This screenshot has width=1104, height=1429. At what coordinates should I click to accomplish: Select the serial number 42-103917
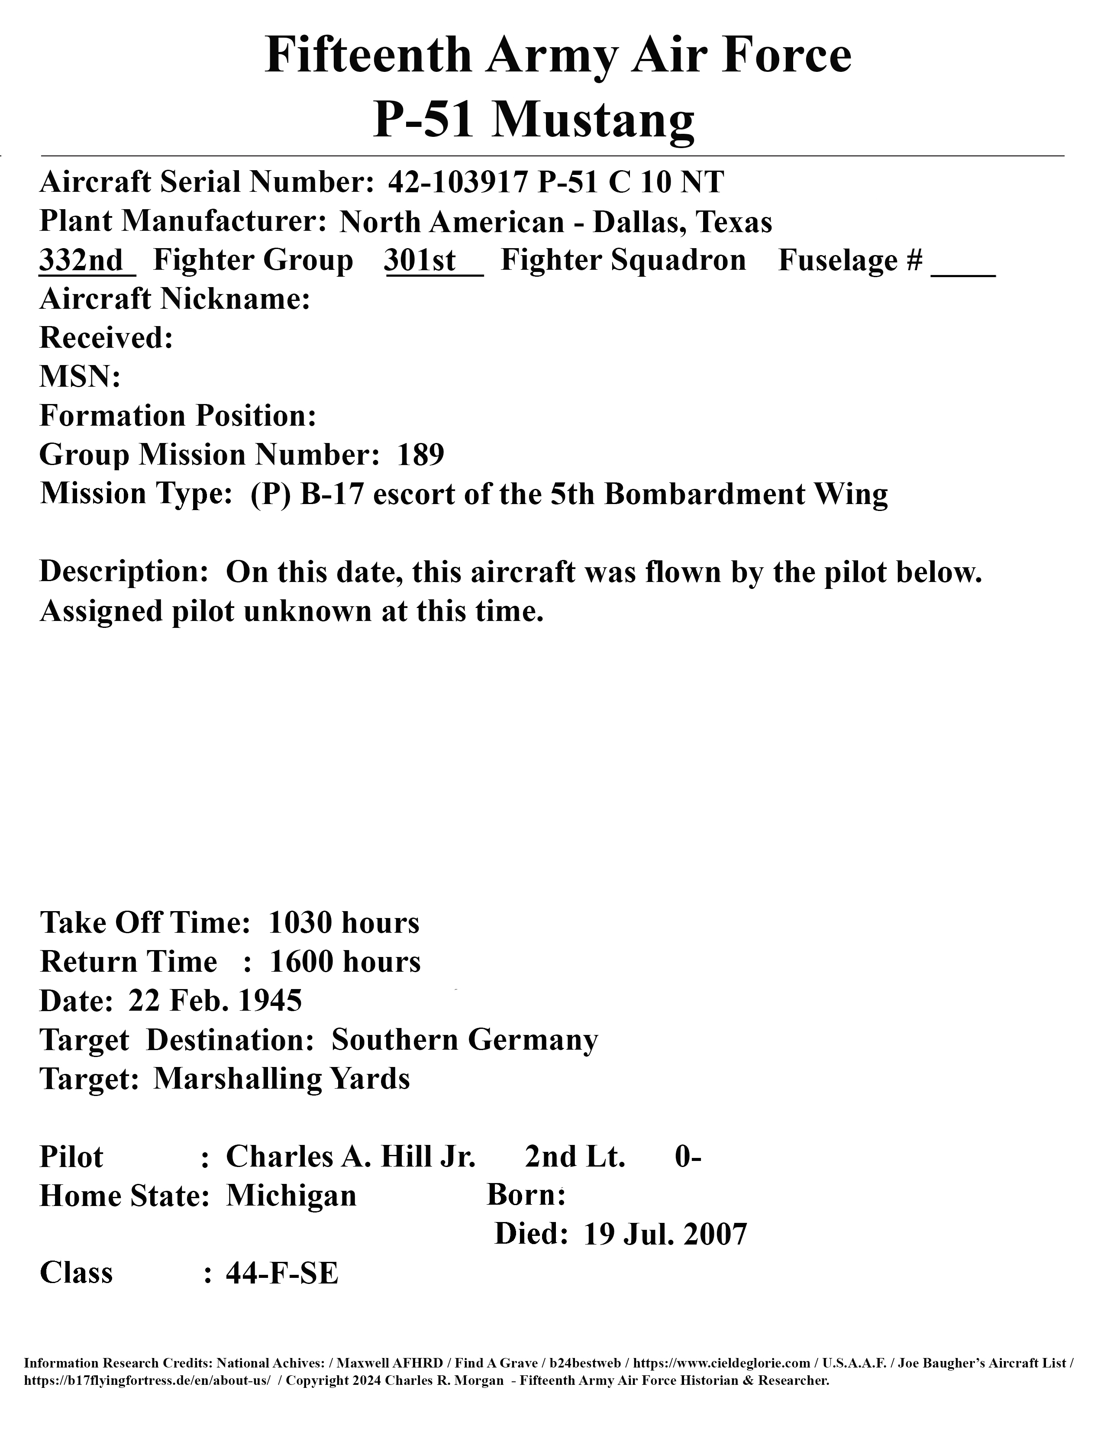457,182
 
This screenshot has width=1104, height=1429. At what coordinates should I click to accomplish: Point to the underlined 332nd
81,260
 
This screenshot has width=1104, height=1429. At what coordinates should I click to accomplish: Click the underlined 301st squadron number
420,260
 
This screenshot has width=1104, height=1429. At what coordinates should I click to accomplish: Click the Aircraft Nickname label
174,299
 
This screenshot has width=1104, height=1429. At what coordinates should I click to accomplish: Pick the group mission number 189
420,455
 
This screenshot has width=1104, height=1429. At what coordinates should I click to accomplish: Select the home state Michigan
291,1196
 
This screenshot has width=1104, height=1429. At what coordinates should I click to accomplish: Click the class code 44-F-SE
282,1273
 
